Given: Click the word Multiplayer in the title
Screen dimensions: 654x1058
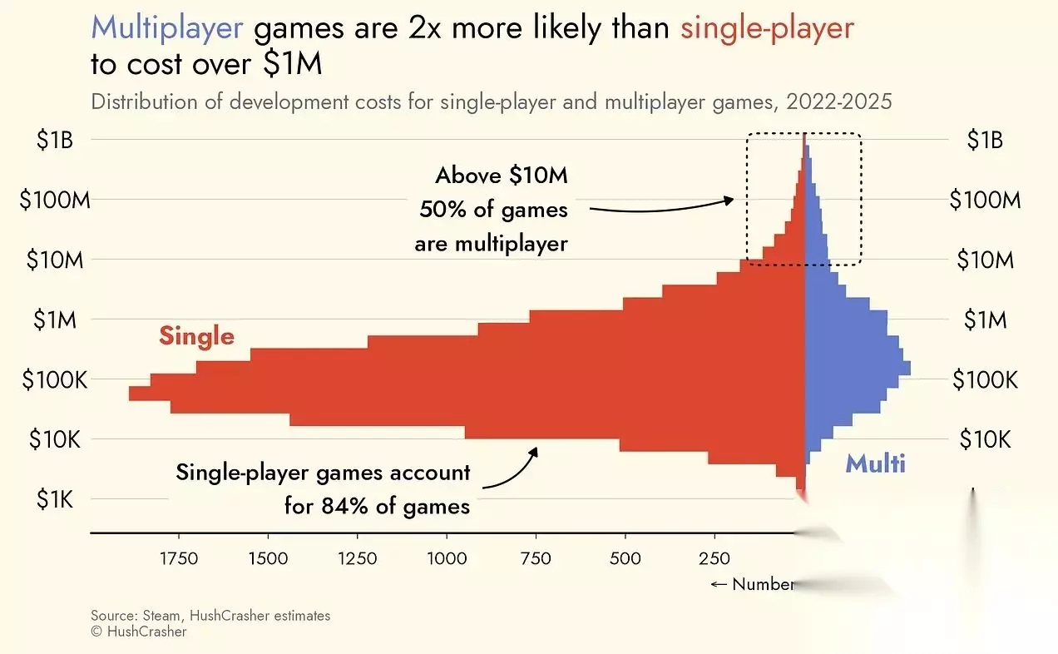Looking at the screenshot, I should (166, 29).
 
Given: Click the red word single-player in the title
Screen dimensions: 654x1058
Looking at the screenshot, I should (767, 29).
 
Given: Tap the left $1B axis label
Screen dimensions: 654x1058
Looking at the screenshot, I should (56, 140).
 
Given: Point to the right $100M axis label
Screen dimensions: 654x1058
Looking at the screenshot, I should (985, 200).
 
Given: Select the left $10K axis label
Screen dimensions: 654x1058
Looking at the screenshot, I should (55, 438).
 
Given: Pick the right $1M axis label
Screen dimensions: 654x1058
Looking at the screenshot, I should (985, 320).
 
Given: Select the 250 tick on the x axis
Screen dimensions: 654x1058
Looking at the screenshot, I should (714, 558).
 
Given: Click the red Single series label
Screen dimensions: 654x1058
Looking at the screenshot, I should (196, 336).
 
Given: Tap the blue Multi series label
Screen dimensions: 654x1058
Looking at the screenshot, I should (875, 463).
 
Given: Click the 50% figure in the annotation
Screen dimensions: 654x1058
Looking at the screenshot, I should (441, 210).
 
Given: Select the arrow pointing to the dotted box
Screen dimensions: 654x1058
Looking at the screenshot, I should (665, 206).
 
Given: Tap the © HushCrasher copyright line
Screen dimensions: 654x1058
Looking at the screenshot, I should (139, 632).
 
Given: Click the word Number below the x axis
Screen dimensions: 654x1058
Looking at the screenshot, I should (762, 584).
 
